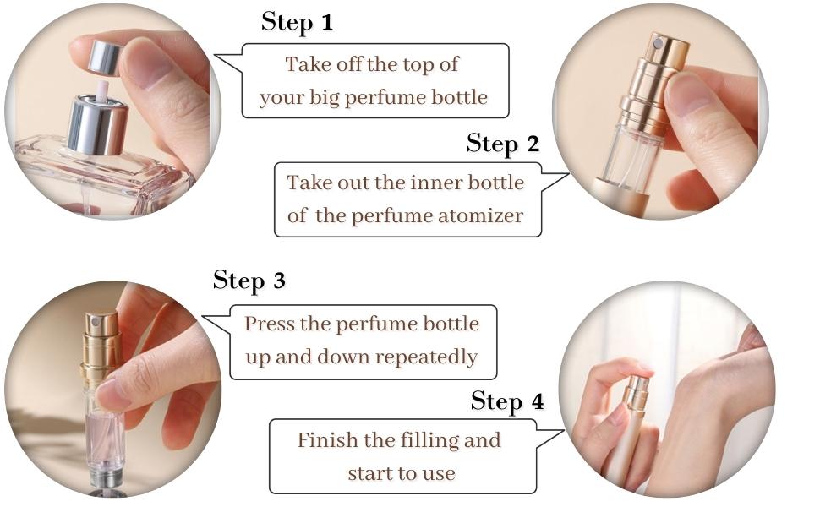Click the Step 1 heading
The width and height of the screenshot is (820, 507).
click(x=297, y=22)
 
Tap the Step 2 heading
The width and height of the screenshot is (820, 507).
click(x=502, y=144)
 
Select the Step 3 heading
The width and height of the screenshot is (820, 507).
click(x=249, y=280)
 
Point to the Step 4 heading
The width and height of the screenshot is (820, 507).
click(x=506, y=401)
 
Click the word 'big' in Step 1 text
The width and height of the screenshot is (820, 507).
click(x=331, y=97)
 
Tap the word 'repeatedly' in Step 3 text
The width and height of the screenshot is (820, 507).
click(x=428, y=357)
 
